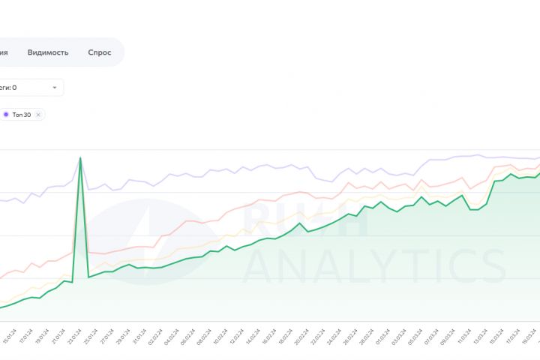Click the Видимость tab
tap(48, 52)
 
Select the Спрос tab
tap(99, 52)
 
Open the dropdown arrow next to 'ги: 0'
tap(55, 88)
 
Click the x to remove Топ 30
tap(38, 114)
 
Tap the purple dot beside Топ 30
tap(6, 114)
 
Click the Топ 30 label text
tap(22, 114)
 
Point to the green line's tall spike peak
tap(80, 157)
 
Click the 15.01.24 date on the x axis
tap(8, 333)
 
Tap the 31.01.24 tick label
tap(137, 333)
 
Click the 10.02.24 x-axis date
tap(218, 333)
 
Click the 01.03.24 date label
tap(381, 333)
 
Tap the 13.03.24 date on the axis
tap(478, 333)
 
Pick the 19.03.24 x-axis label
tap(527, 333)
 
